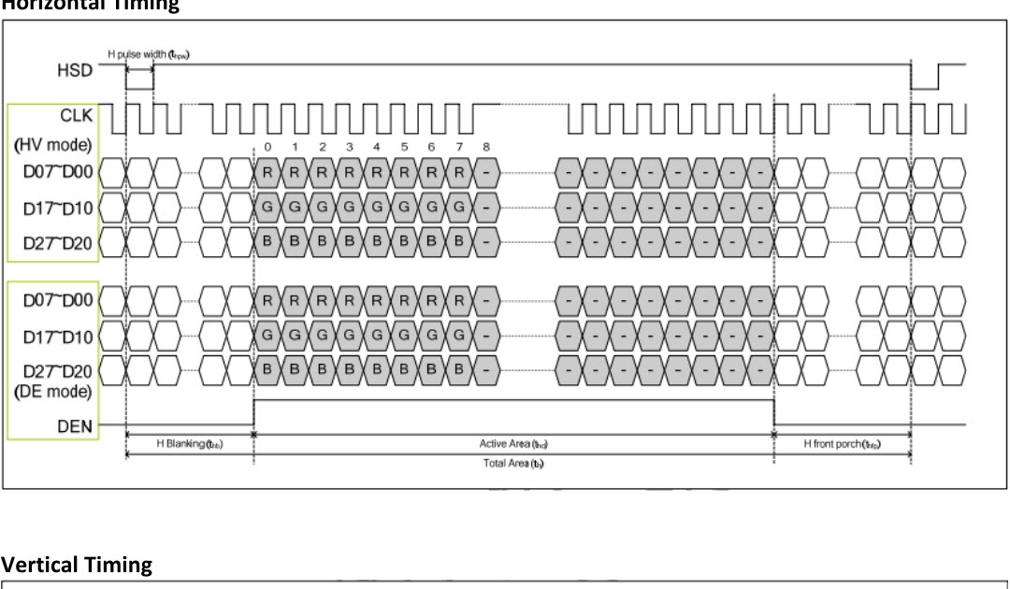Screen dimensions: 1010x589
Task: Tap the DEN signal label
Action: (74, 426)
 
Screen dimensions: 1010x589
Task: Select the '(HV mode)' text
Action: (53, 145)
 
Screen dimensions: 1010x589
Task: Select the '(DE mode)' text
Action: (53, 391)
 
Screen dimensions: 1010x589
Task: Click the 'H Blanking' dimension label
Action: (189, 443)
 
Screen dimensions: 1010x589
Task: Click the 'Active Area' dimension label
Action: (512, 443)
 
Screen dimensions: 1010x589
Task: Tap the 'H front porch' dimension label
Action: (842, 443)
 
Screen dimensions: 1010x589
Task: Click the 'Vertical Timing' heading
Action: (77, 565)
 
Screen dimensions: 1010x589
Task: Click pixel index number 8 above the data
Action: (485, 147)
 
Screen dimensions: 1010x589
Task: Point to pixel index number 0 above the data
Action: (267, 147)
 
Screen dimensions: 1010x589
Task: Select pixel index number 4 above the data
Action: (376, 147)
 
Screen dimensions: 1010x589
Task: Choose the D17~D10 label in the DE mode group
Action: (58, 336)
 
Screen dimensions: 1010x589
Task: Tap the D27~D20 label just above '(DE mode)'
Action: (58, 370)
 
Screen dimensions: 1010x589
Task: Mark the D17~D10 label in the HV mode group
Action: (58, 208)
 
